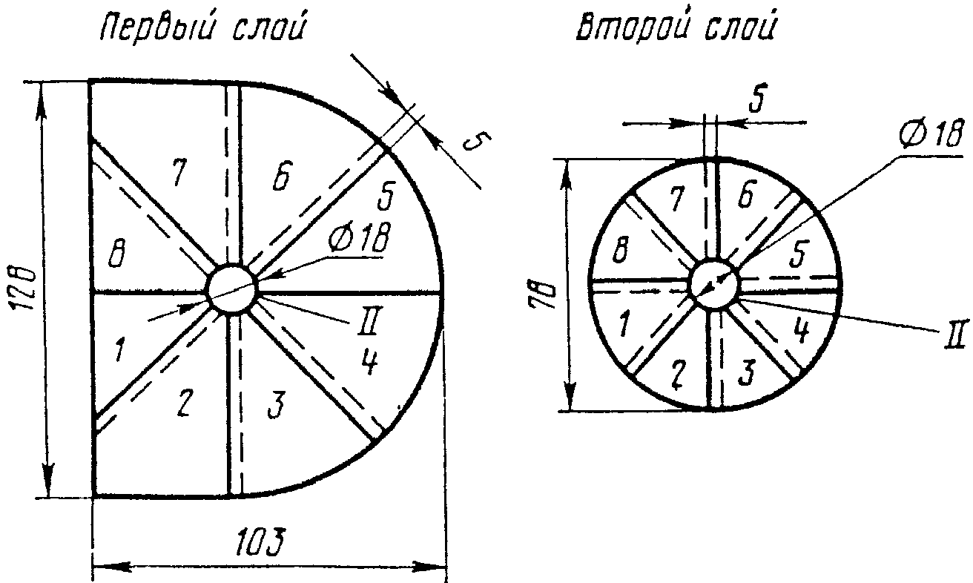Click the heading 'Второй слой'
tap(676, 30)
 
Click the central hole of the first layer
tap(232, 288)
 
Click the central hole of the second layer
tap(714, 283)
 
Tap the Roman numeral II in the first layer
tap(371, 323)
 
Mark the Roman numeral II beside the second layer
tap(954, 332)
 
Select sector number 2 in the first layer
tap(185, 403)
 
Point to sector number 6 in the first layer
tap(280, 180)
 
